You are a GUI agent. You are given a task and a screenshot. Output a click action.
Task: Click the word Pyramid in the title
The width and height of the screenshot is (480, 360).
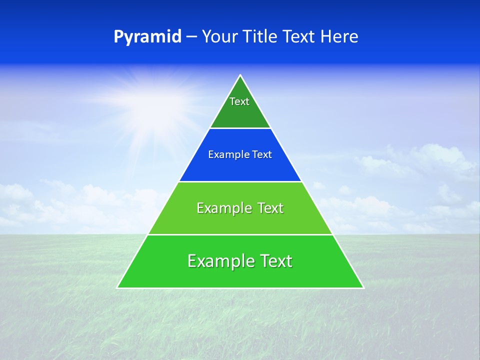(x=147, y=37)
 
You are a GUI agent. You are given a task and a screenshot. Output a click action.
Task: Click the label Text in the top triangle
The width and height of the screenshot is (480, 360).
(x=239, y=101)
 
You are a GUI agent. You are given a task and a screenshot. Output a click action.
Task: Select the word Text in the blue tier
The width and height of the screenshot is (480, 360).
(x=262, y=154)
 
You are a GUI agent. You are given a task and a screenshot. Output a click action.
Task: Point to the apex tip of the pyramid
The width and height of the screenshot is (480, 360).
(x=240, y=76)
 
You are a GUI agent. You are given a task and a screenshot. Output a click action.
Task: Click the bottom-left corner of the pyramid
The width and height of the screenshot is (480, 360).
(x=118, y=287)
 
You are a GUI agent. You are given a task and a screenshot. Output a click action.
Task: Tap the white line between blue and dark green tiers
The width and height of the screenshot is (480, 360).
(x=240, y=128)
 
